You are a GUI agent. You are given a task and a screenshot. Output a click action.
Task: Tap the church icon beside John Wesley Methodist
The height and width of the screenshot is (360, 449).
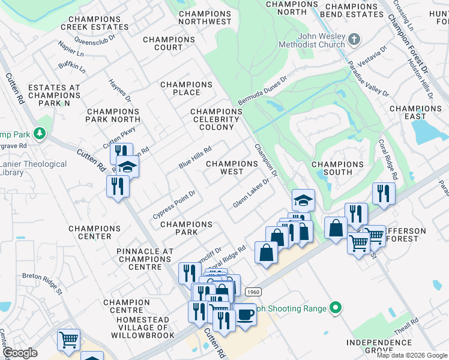[354, 40]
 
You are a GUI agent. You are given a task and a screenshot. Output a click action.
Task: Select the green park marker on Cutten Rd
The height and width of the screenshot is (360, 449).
[40, 133]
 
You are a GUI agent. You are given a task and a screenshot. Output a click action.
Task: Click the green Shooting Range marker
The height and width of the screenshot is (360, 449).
[336, 308]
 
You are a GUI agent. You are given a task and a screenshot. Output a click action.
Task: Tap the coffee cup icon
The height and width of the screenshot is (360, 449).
[244, 314]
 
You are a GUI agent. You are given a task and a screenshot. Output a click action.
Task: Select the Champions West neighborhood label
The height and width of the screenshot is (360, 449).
[232, 167]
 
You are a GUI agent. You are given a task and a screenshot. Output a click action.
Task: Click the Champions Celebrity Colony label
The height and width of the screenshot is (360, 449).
[216, 119]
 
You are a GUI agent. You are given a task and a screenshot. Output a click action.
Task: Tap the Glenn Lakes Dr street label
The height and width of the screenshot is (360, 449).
[251, 196]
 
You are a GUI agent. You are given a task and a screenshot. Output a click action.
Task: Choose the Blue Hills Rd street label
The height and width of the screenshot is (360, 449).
[195, 158]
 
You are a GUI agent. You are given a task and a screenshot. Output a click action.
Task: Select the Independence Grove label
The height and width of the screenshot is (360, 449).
[378, 347]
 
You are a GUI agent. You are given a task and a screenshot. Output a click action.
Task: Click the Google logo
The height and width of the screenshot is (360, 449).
[20, 353]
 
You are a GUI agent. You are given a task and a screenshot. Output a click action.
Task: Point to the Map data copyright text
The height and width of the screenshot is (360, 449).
[412, 355]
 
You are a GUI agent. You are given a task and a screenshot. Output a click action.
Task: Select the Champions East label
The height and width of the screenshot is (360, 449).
[415, 113]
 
